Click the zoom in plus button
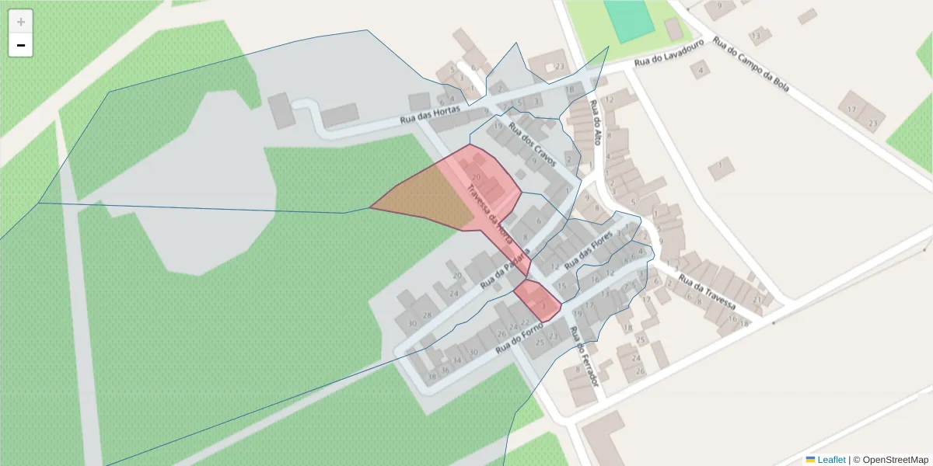tap(21, 21)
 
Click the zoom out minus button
tap(21, 45)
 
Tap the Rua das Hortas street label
tap(430, 114)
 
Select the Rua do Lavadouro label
tap(669, 52)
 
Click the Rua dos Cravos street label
tap(533, 144)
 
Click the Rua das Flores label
tap(589, 254)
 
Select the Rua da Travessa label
tap(707, 291)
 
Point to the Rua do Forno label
tap(519, 336)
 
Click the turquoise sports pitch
tap(629, 21)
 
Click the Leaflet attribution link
tap(831, 460)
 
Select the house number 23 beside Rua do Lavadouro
tap(560, 67)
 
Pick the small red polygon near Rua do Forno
tap(537, 301)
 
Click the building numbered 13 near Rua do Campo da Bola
tap(756, 37)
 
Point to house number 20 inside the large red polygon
tap(477, 178)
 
